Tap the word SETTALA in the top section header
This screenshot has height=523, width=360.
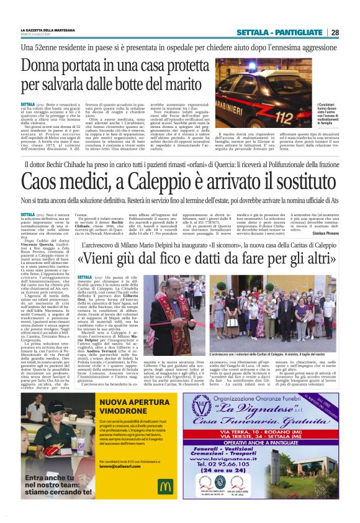(269, 32)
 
